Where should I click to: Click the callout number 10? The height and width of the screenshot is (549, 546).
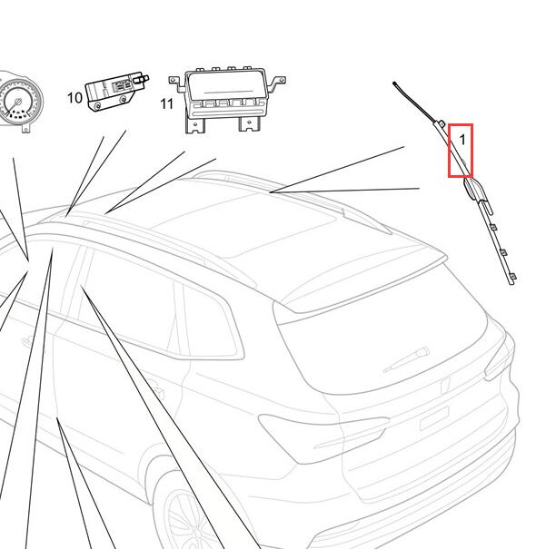tap(74, 98)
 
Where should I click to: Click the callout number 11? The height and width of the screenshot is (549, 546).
tap(167, 103)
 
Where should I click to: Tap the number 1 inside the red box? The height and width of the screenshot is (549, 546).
tap(462, 140)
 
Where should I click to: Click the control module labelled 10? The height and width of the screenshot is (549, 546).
tap(116, 91)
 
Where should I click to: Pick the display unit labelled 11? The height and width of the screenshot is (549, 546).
tap(227, 99)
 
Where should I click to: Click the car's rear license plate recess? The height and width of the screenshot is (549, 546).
tap(434, 417)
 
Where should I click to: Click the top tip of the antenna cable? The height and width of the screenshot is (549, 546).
tap(394, 83)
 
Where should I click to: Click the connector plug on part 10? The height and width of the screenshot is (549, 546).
tap(143, 78)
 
